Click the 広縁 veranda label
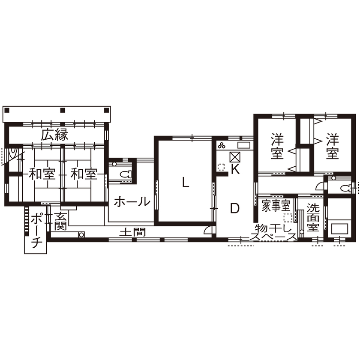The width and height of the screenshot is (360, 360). coord(55,135)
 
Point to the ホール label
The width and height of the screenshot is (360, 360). coord(132,201)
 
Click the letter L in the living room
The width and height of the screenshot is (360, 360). coord(185,183)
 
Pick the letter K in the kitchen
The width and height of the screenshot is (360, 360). coord(235,169)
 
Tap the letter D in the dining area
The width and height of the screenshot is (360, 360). coord(234,208)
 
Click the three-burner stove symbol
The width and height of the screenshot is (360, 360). coord(222,144)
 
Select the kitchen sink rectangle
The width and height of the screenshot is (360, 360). coord(243,144)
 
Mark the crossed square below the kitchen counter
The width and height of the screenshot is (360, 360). coord(235,157)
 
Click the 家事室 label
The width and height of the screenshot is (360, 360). coord(276,205)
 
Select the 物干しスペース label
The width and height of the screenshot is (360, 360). coord(275,233)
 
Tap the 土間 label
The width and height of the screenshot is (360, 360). coord(132,232)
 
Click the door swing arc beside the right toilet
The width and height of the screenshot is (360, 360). coord(319,186)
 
